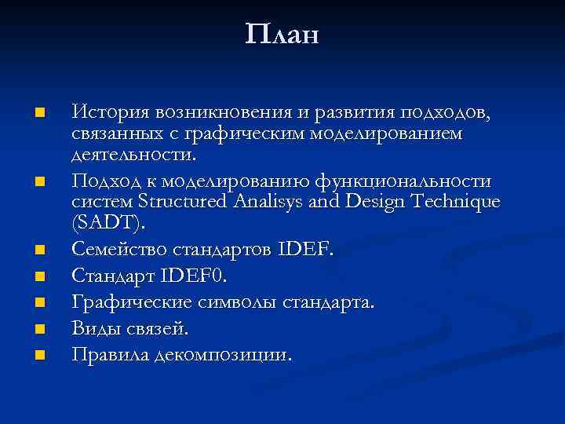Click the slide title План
[x=282, y=35]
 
